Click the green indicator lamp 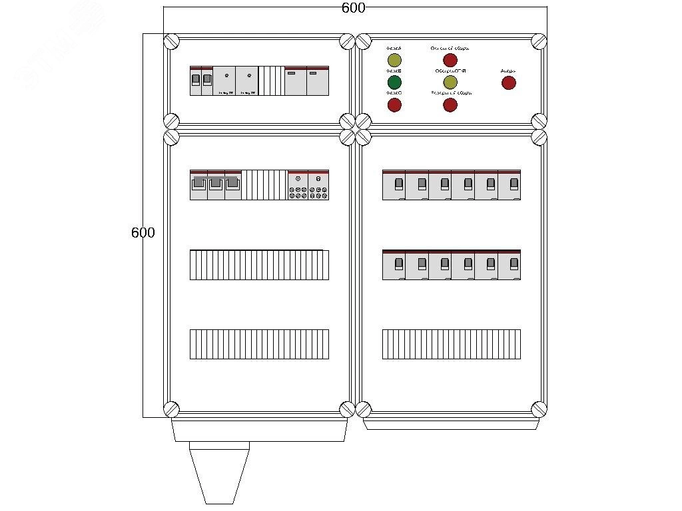(394, 83)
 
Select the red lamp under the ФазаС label (394, 104)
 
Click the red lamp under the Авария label (508, 83)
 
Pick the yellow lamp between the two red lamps (450, 83)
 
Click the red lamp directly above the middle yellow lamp (450, 61)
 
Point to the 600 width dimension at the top (353, 8)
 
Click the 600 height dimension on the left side (143, 233)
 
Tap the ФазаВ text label (393, 71)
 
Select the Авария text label (508, 71)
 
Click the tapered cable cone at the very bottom (219, 472)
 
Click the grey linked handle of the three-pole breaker (215, 180)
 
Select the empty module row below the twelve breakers (452, 344)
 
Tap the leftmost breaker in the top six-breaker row (394, 185)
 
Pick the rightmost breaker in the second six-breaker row (510, 265)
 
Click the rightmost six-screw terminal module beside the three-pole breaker (318, 185)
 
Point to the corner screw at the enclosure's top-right (539, 41)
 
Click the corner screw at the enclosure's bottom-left (171, 409)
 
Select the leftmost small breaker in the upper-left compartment (196, 81)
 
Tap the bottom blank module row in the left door (259, 344)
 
